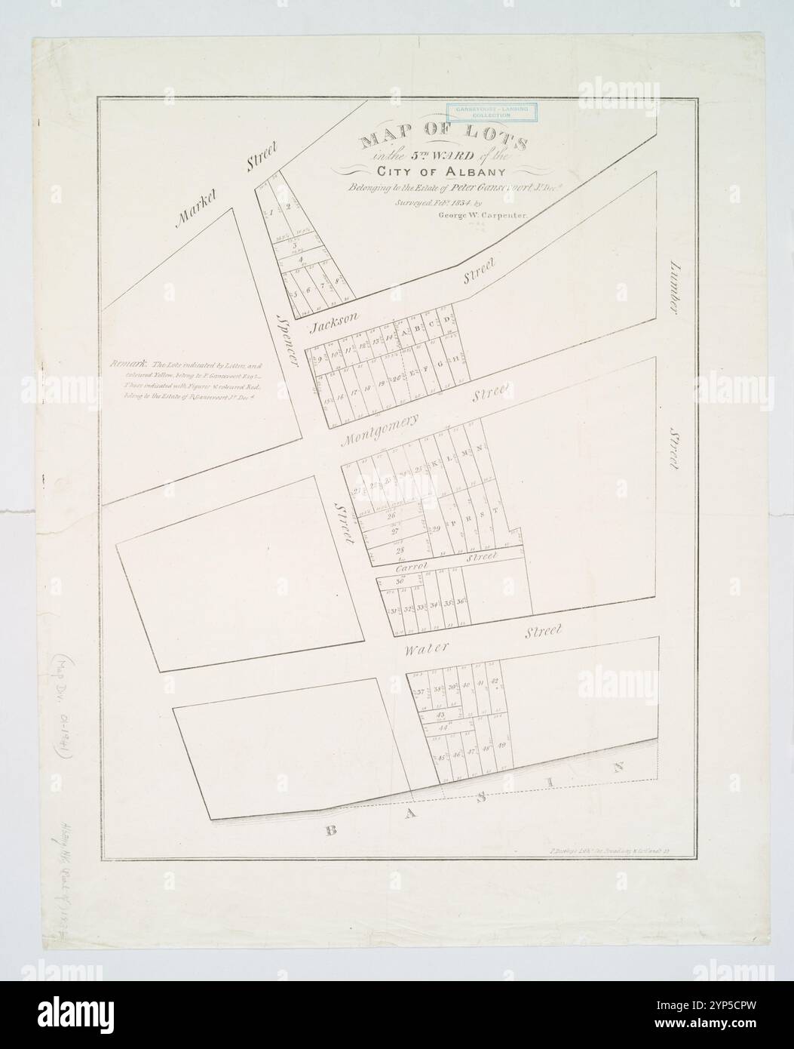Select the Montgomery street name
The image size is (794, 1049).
tap(378, 432)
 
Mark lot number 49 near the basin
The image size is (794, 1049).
tap(502, 746)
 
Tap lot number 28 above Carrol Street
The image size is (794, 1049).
tap(390, 550)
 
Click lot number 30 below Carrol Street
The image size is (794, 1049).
tap(399, 582)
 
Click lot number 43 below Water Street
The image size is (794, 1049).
tap(440, 713)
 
